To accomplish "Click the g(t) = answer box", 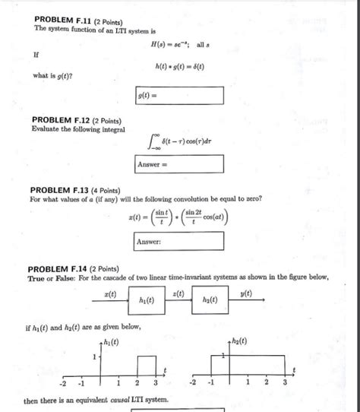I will (x=179, y=96).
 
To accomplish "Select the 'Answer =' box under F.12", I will (x=179, y=164).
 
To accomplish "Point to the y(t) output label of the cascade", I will (x=245, y=293).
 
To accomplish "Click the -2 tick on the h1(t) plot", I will (x=66, y=382).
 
